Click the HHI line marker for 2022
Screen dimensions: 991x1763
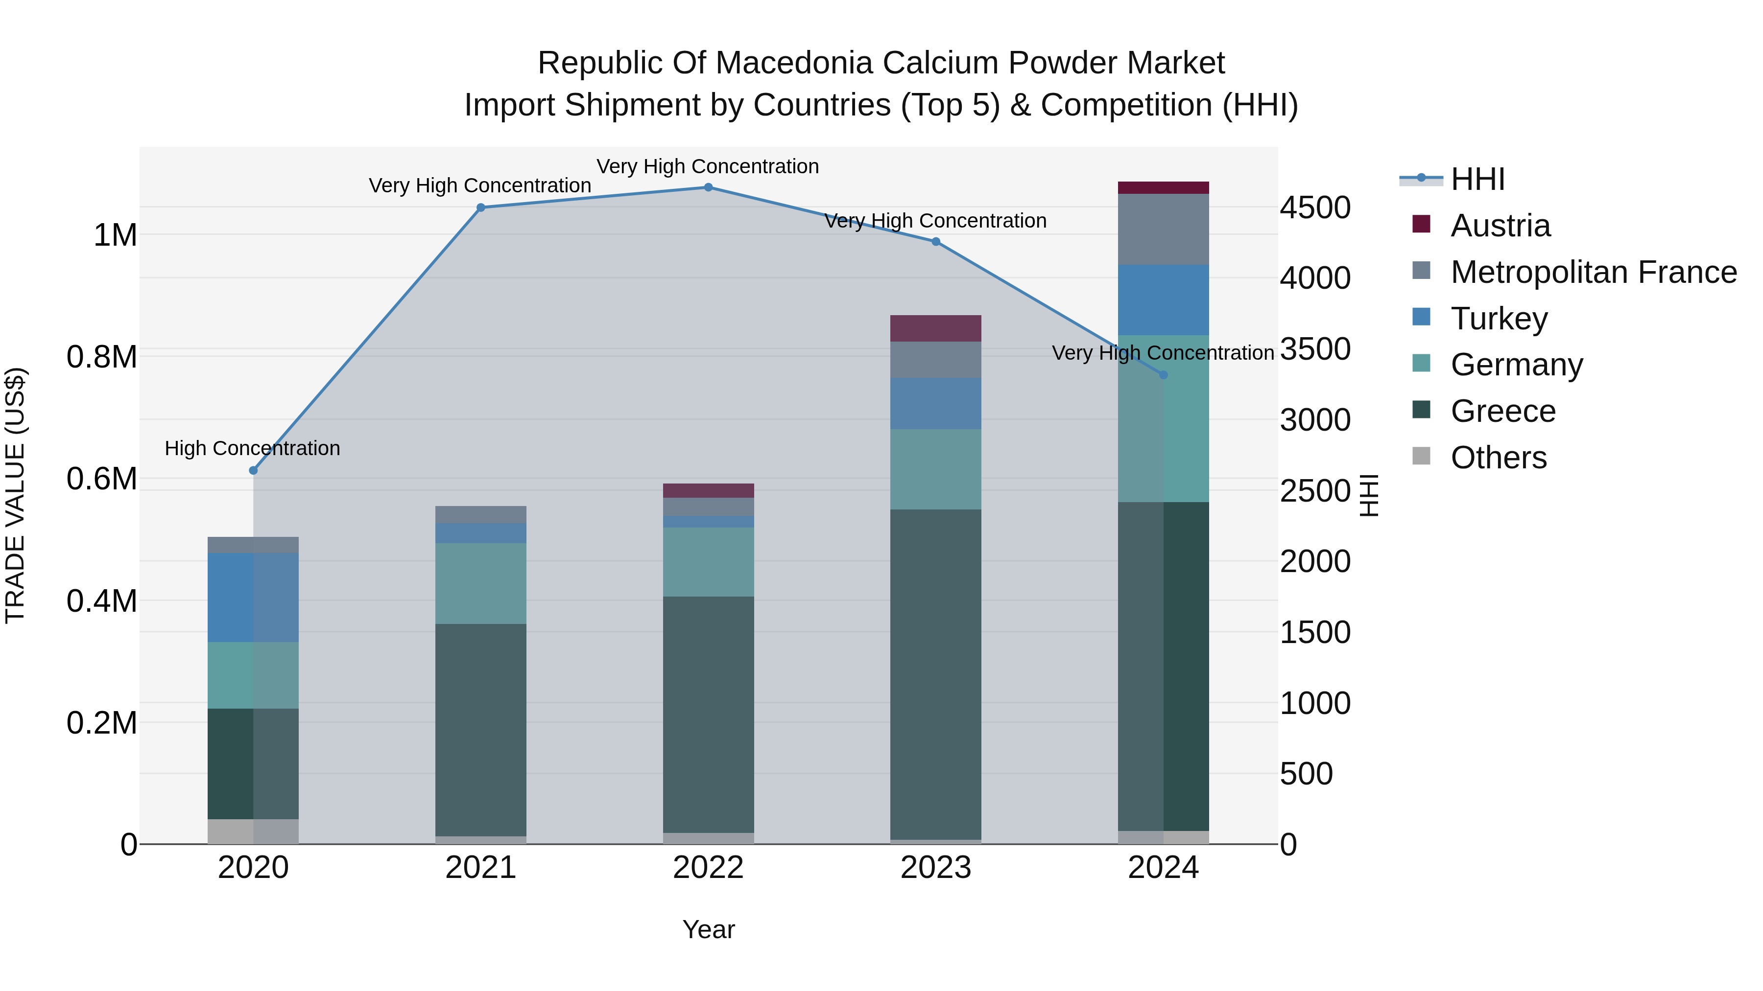(x=708, y=187)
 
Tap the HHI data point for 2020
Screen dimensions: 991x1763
(x=253, y=470)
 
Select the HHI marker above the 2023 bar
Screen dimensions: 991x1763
(x=935, y=241)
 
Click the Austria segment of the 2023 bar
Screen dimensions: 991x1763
(x=935, y=328)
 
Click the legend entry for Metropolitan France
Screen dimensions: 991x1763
(x=1593, y=272)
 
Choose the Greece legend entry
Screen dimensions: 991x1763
(x=1502, y=411)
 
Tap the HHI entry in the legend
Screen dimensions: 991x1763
(x=1477, y=179)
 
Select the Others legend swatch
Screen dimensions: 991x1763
(x=1422, y=456)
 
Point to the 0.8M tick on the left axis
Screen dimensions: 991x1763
(x=102, y=357)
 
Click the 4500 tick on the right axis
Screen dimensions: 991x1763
(x=1315, y=208)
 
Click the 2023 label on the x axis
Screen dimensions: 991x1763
(x=935, y=868)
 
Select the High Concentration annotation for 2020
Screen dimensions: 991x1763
(x=253, y=449)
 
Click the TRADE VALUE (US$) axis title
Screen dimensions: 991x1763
(x=15, y=495)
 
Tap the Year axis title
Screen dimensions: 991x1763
(x=708, y=929)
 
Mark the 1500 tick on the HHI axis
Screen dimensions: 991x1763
(x=1315, y=633)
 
